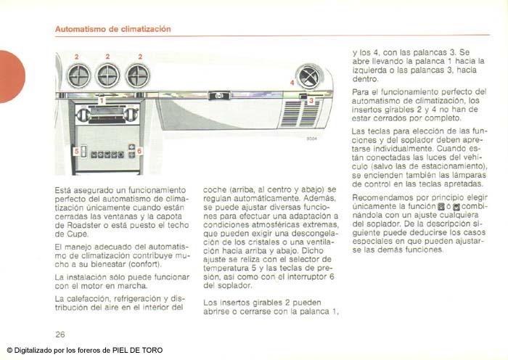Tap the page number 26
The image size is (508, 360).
click(60, 335)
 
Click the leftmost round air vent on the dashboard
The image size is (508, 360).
click(78, 75)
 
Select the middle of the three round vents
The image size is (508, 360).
click(107, 75)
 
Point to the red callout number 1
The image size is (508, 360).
click(102, 100)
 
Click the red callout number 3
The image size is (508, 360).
click(311, 101)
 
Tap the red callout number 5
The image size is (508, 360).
click(75, 151)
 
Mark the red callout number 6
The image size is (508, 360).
click(140, 151)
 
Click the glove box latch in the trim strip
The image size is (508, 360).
click(216, 95)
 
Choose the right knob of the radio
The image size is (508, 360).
click(130, 114)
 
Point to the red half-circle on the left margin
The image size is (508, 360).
click(11, 75)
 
